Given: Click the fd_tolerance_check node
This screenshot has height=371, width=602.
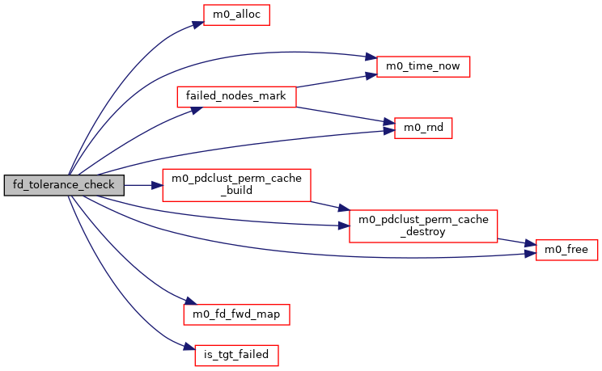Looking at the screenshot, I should click(x=64, y=185).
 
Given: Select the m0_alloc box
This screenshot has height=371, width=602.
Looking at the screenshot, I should click(x=235, y=15).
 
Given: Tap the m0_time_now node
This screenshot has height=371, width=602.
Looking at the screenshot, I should click(x=423, y=66).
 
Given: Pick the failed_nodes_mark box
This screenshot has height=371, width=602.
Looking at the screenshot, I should click(x=236, y=95).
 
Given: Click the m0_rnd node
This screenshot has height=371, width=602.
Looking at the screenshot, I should click(x=422, y=128).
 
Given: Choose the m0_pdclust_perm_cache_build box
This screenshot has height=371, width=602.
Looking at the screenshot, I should click(x=237, y=185).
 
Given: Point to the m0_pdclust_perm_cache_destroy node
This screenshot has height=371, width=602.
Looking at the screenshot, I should click(x=422, y=226).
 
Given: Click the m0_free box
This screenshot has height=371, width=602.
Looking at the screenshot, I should click(x=566, y=251).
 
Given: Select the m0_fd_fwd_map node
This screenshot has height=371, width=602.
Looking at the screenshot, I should click(x=236, y=312).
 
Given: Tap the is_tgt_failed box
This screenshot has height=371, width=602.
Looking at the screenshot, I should click(x=236, y=354).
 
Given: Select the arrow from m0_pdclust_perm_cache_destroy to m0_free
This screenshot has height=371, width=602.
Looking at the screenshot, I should click(x=516, y=242).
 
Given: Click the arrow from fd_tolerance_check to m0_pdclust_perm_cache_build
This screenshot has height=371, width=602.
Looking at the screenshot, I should click(x=143, y=185).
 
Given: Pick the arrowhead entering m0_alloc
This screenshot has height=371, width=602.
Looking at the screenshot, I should click(x=197, y=25).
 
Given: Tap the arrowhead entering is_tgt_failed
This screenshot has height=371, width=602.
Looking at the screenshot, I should click(x=190, y=348).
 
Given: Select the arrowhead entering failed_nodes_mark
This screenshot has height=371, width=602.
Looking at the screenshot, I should click(x=193, y=109).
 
